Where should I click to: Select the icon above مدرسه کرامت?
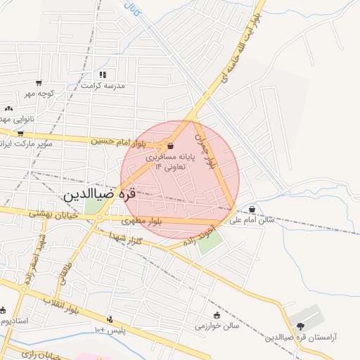[103, 74]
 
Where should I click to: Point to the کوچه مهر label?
[39, 94]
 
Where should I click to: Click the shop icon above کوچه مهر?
[39, 83]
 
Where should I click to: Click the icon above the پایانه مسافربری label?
[172, 146]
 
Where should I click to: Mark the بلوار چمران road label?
[203, 148]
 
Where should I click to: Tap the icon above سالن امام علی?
[252, 209]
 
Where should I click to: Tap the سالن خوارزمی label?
[217, 326]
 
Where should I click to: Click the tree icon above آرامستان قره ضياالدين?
[301, 326]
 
